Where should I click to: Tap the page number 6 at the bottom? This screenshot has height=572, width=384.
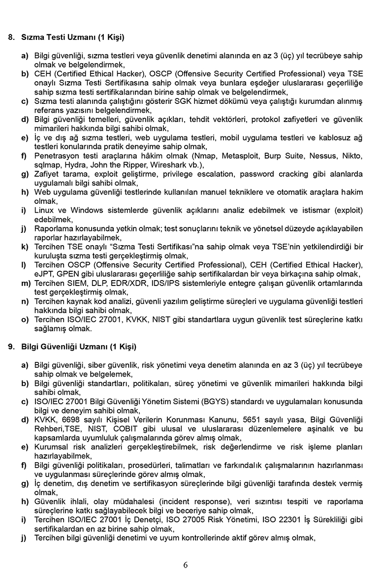(185, 565)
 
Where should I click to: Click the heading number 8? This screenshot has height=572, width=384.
(11, 37)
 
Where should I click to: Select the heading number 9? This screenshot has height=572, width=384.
(11, 347)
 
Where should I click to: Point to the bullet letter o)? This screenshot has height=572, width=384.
(24, 319)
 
